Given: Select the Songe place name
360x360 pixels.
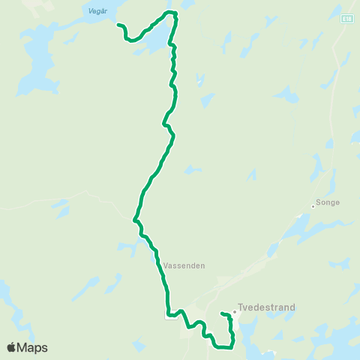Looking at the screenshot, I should [328, 202].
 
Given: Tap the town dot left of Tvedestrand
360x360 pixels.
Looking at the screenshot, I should [234, 313].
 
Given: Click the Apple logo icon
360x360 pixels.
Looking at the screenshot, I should [12, 347].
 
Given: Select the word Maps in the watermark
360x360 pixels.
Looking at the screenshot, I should [33, 347].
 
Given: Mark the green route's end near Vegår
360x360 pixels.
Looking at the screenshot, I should [118, 25].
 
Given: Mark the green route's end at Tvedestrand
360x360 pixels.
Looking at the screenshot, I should [222, 313].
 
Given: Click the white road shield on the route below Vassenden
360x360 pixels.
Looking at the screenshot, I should [169, 316].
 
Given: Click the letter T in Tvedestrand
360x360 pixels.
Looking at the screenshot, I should [240, 307].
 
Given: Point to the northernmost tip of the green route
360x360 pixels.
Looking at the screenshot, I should [172, 12].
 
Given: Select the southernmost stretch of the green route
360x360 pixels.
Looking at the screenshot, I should [223, 347].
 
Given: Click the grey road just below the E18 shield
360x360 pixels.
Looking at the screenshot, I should [344, 45].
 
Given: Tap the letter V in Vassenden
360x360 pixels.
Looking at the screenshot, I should [164, 265].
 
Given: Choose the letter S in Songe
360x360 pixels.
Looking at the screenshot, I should [319, 202].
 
